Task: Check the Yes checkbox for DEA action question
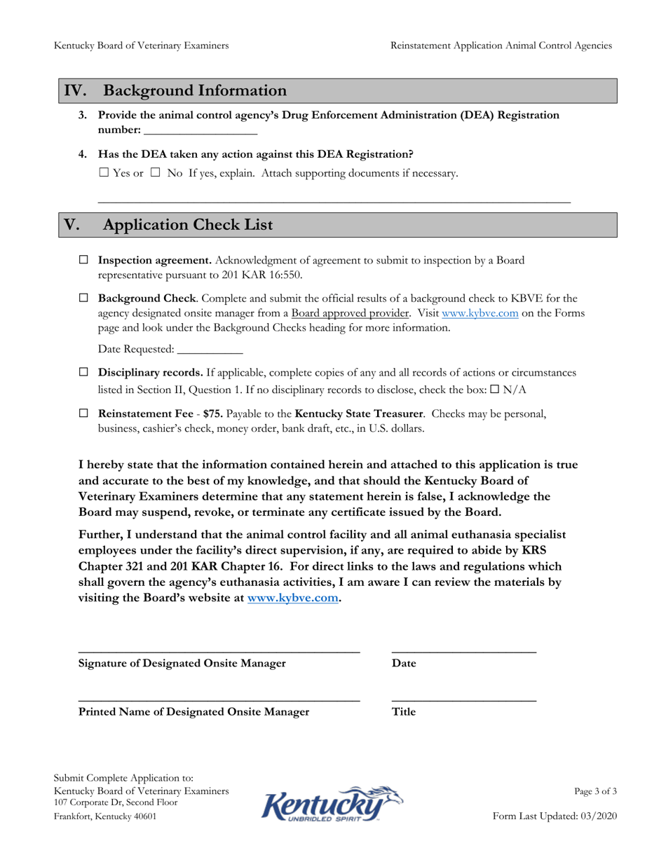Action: click(x=104, y=173)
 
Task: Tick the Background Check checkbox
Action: click(x=83, y=299)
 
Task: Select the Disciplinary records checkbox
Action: click(x=83, y=372)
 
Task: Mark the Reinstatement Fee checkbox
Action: click(x=83, y=413)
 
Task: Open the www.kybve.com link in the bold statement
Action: click(x=293, y=598)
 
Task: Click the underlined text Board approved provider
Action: click(x=351, y=313)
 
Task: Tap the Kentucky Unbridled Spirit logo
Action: click(x=332, y=803)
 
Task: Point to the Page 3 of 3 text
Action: click(x=595, y=791)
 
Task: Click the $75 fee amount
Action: click(x=212, y=413)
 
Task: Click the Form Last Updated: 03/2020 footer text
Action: click(x=555, y=816)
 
